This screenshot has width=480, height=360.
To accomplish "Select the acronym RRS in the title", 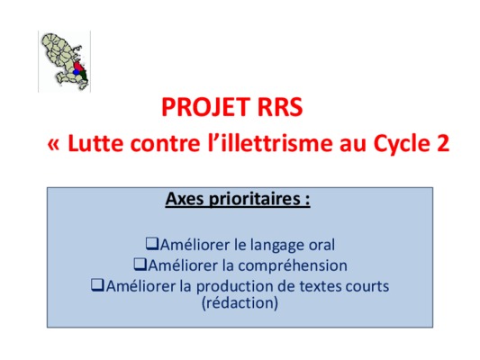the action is pos(280,107).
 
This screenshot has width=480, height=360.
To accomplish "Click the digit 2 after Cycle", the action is pos(443,143).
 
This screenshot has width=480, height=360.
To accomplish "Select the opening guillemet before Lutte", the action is pos(53,144).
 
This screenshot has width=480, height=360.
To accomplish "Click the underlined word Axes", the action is pos(185,199).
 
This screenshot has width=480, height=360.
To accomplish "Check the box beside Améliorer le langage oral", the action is pos(152,244).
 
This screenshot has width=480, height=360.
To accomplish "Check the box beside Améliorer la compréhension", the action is pos(140,265).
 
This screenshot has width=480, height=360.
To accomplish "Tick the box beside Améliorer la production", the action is pos(97,285).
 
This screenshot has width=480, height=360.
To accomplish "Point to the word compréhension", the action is pos(293,266).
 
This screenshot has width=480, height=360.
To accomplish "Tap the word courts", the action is pos(367,286).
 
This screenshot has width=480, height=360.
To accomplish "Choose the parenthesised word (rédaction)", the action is pos(240,303).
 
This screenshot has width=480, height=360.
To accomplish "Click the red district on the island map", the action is pos(78,67).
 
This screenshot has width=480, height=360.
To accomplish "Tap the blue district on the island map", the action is pos(77,72).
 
